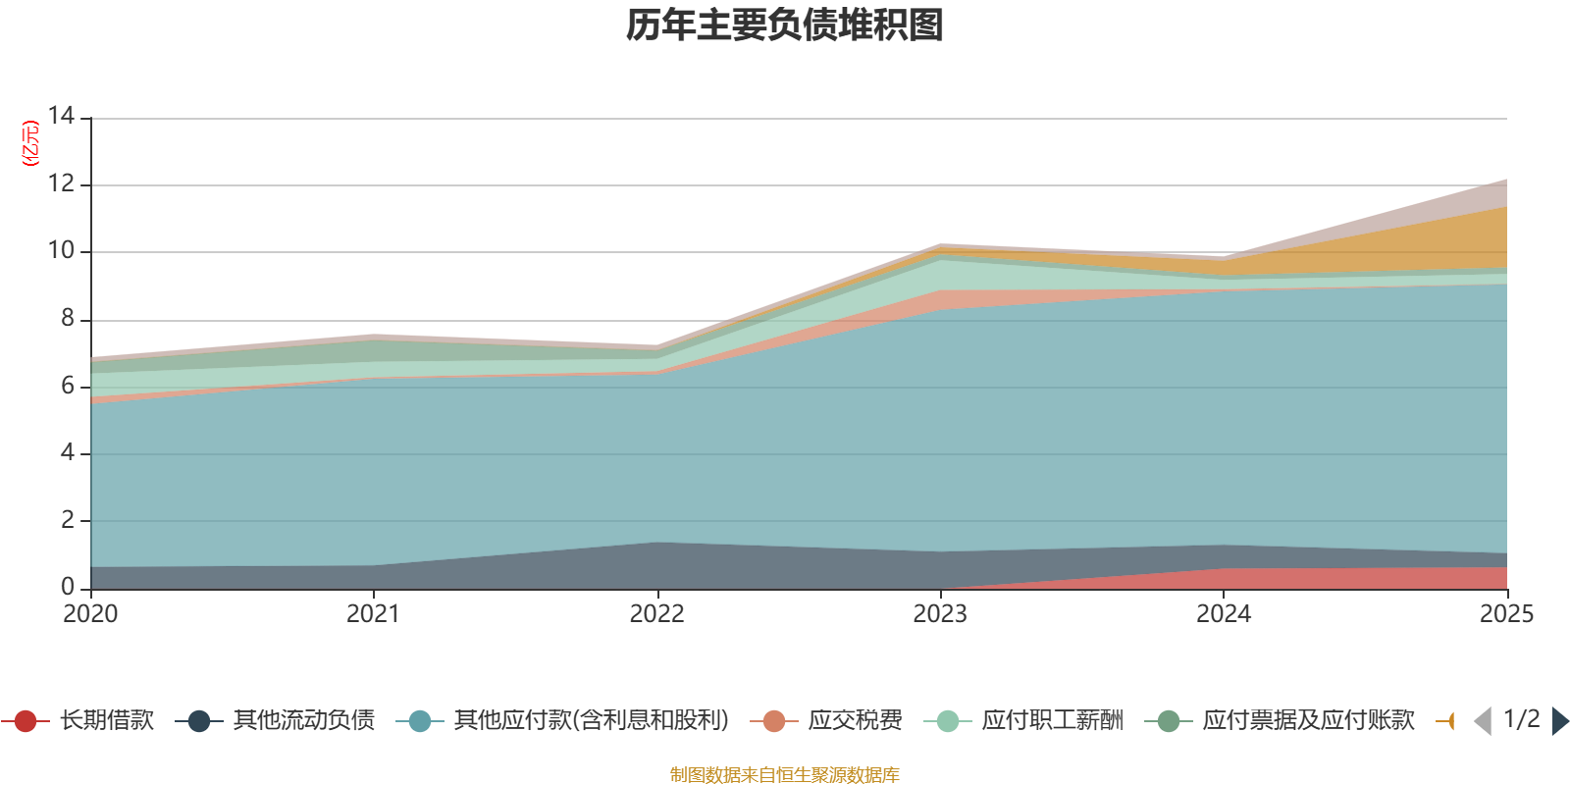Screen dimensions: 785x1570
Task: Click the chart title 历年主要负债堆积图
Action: point(785,26)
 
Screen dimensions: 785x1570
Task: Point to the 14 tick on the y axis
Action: point(61,116)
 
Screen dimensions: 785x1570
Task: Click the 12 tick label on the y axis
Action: point(61,183)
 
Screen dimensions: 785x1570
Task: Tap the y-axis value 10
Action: point(61,250)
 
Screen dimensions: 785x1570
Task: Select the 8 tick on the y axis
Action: point(67,318)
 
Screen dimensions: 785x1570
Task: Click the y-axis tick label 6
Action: point(67,386)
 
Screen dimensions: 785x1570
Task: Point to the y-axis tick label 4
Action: point(67,452)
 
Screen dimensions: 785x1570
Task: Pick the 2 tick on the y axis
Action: point(67,520)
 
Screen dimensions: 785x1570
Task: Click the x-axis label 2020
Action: point(90,614)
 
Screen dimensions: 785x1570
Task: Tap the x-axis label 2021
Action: point(373,614)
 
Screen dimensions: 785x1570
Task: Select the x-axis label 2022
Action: point(656,614)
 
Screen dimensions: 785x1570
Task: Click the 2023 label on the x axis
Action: point(940,614)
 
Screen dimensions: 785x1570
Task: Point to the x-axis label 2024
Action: point(1223,614)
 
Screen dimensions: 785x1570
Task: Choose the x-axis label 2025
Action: point(1505,614)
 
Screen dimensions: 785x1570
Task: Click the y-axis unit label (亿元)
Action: point(31,143)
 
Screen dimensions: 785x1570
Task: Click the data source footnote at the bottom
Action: point(785,775)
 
